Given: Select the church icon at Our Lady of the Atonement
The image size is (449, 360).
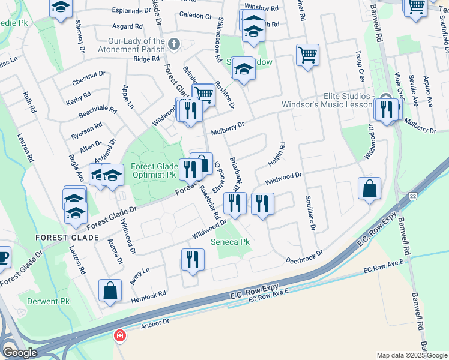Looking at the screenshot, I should (174, 44).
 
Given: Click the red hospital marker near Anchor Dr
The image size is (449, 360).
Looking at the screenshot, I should (120, 335).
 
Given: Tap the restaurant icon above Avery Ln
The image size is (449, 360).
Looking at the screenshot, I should (193, 259).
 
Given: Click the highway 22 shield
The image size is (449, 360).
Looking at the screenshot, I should (413, 196).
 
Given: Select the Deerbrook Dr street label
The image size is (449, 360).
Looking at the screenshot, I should (303, 257).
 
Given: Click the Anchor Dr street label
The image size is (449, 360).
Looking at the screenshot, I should (155, 325).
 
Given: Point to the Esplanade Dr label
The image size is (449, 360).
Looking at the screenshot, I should (131, 11).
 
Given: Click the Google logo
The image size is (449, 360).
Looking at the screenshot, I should (20, 353).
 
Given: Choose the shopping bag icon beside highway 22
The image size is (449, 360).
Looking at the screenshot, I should (369, 188).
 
